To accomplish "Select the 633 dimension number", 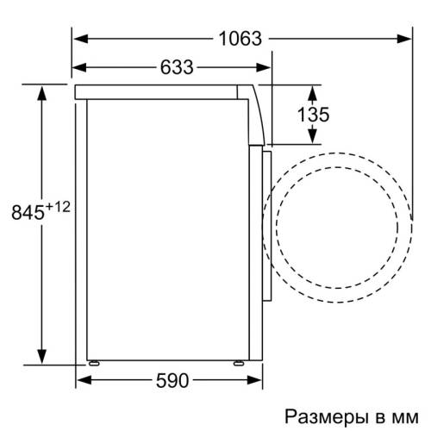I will [176, 66].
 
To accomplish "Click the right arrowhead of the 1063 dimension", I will [408, 38].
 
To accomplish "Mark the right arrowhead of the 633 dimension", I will [266, 66].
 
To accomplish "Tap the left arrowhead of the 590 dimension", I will [90, 380].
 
